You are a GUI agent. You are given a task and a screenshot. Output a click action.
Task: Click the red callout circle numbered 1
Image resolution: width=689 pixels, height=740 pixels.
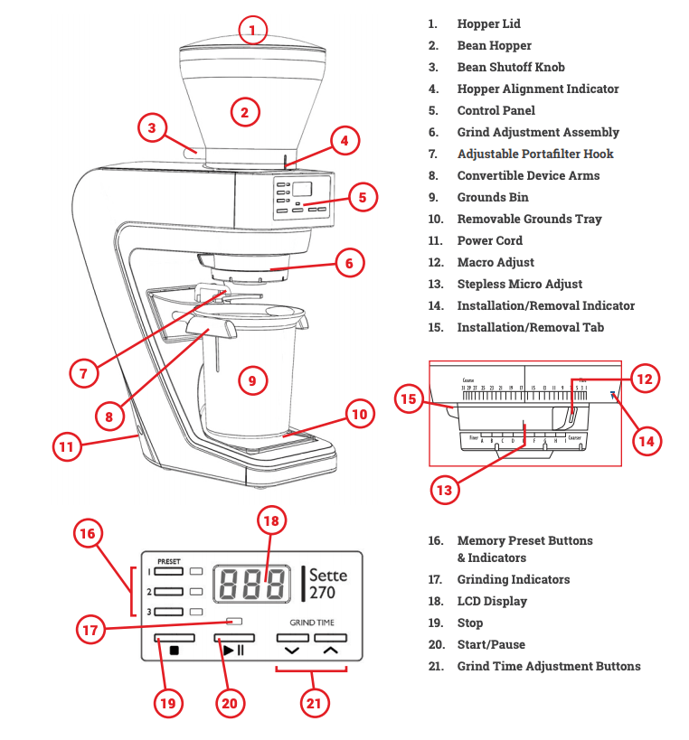click(x=253, y=31)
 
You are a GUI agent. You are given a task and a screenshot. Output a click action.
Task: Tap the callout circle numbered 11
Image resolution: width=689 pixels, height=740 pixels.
click(x=65, y=445)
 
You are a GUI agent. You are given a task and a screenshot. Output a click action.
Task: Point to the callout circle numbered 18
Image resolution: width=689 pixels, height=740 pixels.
click(x=271, y=521)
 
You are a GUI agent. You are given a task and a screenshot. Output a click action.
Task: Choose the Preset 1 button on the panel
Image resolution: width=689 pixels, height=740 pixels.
click(x=168, y=572)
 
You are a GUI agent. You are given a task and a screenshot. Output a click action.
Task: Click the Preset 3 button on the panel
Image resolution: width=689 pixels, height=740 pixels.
click(x=168, y=612)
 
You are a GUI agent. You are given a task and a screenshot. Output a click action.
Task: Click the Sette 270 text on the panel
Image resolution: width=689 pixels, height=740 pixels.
click(x=327, y=584)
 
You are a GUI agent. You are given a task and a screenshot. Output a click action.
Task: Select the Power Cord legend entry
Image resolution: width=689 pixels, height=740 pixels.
click(x=489, y=240)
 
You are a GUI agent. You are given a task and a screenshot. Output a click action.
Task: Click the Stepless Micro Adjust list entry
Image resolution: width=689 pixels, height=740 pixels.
click(x=519, y=284)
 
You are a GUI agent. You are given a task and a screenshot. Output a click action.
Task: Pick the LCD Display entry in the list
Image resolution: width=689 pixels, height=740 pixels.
click(x=491, y=601)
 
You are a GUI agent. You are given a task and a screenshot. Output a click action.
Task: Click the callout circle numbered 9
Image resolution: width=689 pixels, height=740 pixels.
click(x=252, y=381)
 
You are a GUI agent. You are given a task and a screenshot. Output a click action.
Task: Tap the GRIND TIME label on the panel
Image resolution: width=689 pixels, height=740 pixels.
click(x=311, y=623)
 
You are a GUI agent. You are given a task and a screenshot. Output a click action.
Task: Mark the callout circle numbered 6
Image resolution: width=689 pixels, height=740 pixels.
click(x=349, y=264)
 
